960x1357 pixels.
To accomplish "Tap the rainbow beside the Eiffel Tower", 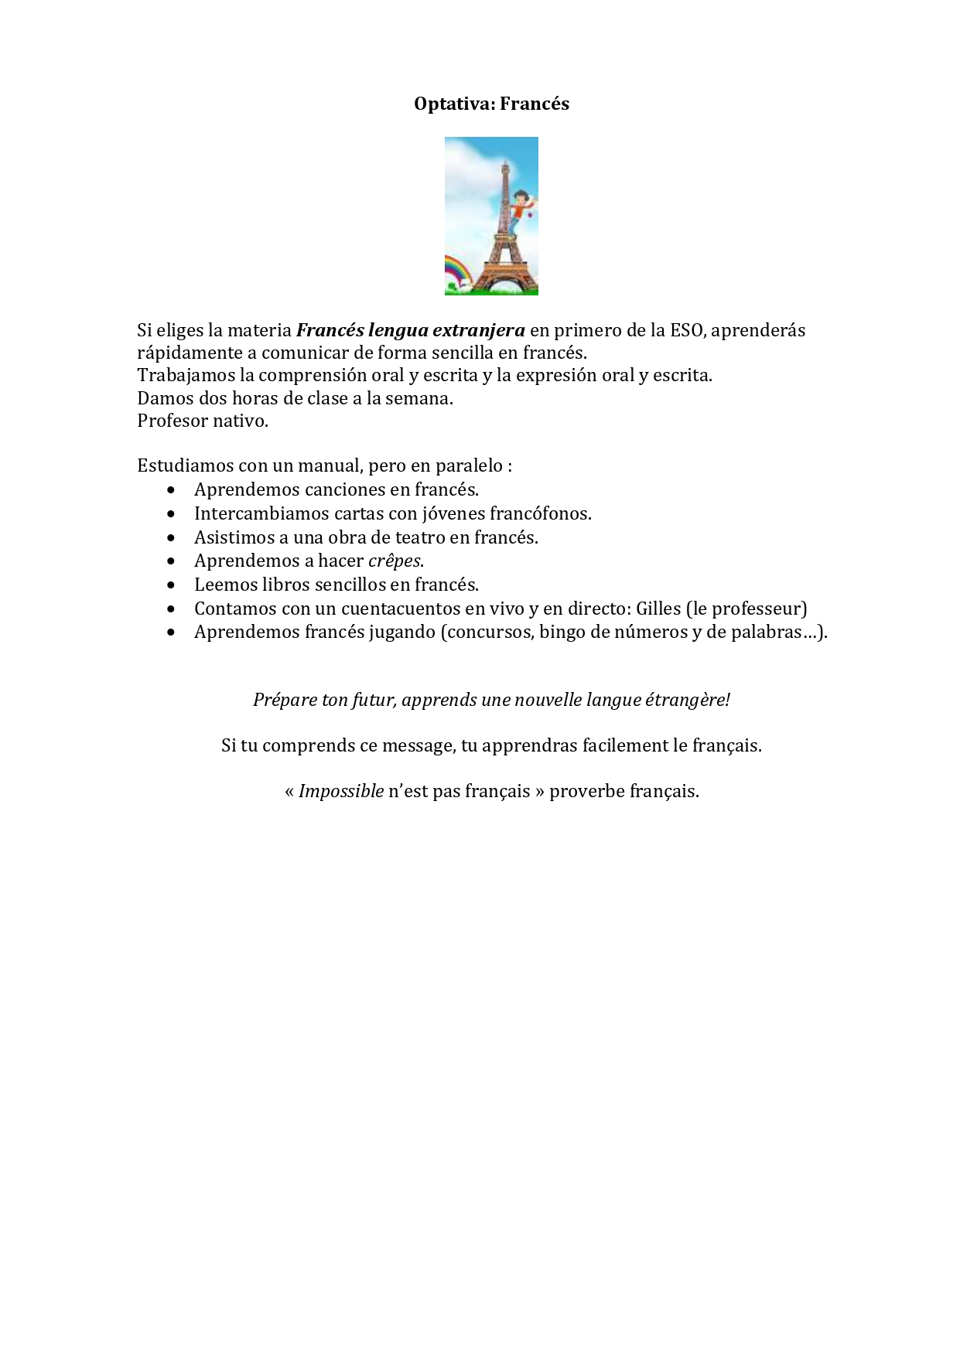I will [x=456, y=272].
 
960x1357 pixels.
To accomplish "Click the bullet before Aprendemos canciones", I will [x=171, y=490].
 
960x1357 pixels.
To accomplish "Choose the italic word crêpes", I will [x=395, y=561].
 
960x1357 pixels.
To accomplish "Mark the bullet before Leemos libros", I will [x=171, y=585].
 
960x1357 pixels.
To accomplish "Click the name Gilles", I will [x=658, y=609].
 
